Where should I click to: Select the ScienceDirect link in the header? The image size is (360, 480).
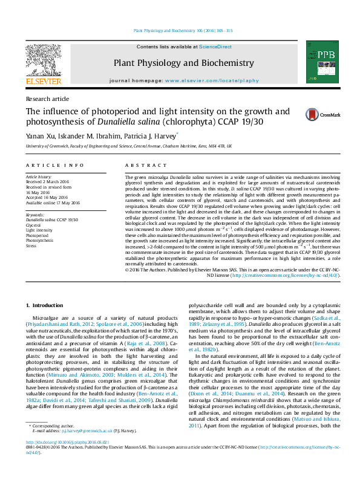tap(216, 47)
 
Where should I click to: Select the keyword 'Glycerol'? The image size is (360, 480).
tap(34, 225)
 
